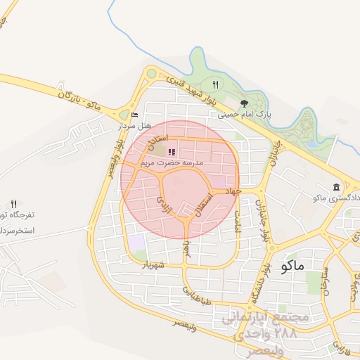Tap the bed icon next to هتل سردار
click(x=134, y=115)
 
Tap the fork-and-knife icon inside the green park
click(x=215, y=84)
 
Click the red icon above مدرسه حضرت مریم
click(x=172, y=151)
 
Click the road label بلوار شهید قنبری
click(x=185, y=87)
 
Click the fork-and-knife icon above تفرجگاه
click(x=13, y=204)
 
